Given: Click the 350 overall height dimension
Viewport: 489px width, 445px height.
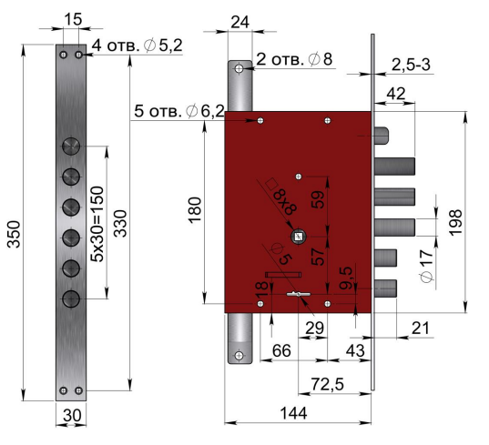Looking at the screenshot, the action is (14, 234).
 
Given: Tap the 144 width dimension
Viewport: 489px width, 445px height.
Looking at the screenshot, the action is (293, 413).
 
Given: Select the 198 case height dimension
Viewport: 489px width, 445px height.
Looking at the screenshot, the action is (455, 222).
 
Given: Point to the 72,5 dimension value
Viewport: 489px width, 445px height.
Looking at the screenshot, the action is (328, 384).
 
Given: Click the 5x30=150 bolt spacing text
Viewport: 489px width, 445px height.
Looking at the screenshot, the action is (97, 224).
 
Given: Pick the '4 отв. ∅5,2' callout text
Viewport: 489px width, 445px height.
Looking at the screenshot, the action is (137, 46).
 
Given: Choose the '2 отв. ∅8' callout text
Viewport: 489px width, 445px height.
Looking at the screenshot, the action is (294, 59).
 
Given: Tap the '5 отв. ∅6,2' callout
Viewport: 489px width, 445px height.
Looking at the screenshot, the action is (179, 111).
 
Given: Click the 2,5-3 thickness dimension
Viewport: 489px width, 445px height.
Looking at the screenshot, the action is (411, 65).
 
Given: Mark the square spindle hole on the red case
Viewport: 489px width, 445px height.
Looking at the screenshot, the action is (299, 237).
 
